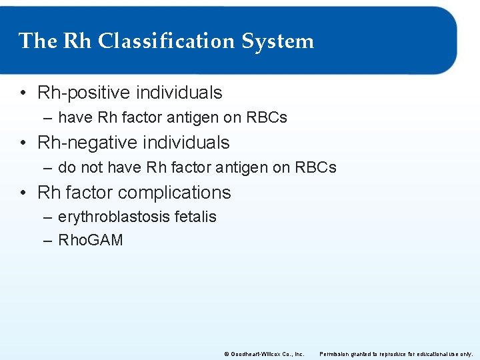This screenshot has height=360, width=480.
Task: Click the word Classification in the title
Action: tap(167, 41)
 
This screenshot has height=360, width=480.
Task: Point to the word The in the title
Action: tap(38, 41)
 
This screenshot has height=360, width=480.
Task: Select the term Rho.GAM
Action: tap(91, 240)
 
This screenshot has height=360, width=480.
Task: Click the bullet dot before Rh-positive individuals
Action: tap(23, 93)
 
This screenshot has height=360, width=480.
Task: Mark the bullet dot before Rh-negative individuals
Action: tap(23, 143)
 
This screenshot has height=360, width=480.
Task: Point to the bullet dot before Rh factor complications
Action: tap(23, 193)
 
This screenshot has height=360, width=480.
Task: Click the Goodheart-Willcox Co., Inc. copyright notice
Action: tap(264, 354)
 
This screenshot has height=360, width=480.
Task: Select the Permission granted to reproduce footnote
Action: tap(396, 354)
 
